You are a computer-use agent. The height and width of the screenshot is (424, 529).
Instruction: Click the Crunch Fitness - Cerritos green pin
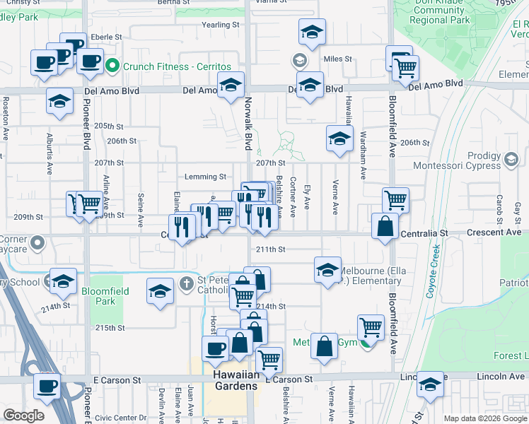click(112, 67)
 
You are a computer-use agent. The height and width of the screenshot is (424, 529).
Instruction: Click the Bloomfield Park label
click(98, 296)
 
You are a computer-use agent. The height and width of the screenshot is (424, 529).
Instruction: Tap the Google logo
click(23, 416)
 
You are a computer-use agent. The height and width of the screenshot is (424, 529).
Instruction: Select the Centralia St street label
click(424, 232)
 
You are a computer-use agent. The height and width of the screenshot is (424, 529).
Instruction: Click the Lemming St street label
click(205, 177)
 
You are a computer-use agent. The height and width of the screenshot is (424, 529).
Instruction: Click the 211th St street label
click(270, 249)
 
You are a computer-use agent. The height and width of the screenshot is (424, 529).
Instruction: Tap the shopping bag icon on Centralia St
click(385, 227)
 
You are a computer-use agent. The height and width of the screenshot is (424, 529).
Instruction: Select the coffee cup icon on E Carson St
click(47, 386)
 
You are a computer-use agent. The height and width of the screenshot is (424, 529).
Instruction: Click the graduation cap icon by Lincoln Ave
click(429, 385)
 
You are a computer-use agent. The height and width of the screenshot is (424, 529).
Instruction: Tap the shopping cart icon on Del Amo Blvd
click(405, 68)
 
